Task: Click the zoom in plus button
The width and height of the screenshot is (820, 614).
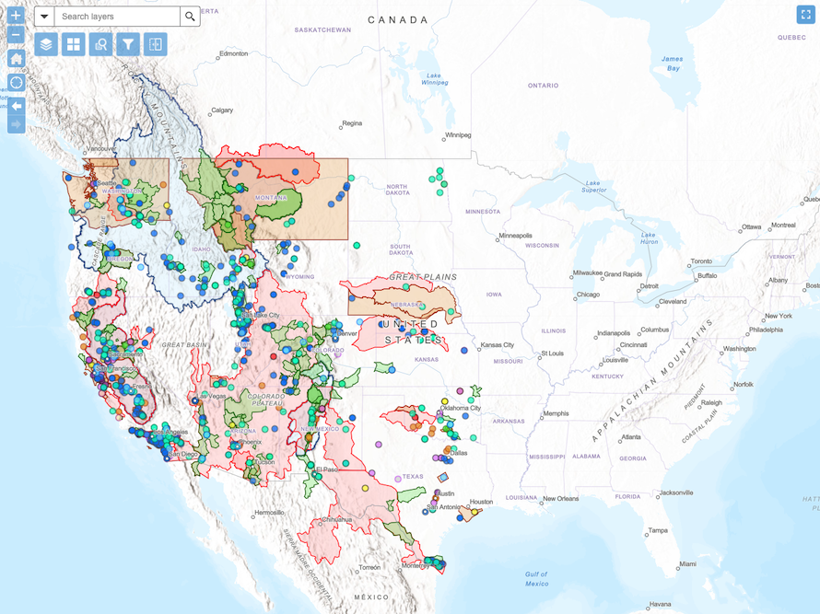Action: (x=16, y=16)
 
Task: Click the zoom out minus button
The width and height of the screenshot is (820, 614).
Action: (x=16, y=36)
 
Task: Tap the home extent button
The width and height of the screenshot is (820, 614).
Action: (x=16, y=59)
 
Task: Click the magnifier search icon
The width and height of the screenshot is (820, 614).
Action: (x=190, y=17)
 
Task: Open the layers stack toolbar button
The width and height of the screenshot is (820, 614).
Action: (x=46, y=44)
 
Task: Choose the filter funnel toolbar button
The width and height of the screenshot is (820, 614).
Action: (x=128, y=44)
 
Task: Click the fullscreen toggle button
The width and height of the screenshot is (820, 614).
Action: (x=804, y=15)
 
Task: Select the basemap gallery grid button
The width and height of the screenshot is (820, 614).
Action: (x=74, y=44)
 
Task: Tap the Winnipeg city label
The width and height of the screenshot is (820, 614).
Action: (x=457, y=135)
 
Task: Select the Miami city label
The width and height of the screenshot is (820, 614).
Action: (x=686, y=563)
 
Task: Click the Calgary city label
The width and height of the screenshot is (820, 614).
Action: (x=222, y=110)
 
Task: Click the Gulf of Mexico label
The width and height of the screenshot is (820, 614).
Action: (x=537, y=578)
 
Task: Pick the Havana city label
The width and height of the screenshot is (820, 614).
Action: (x=659, y=605)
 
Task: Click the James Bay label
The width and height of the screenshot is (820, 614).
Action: (x=674, y=64)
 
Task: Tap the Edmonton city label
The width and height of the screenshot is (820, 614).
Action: (x=234, y=54)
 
